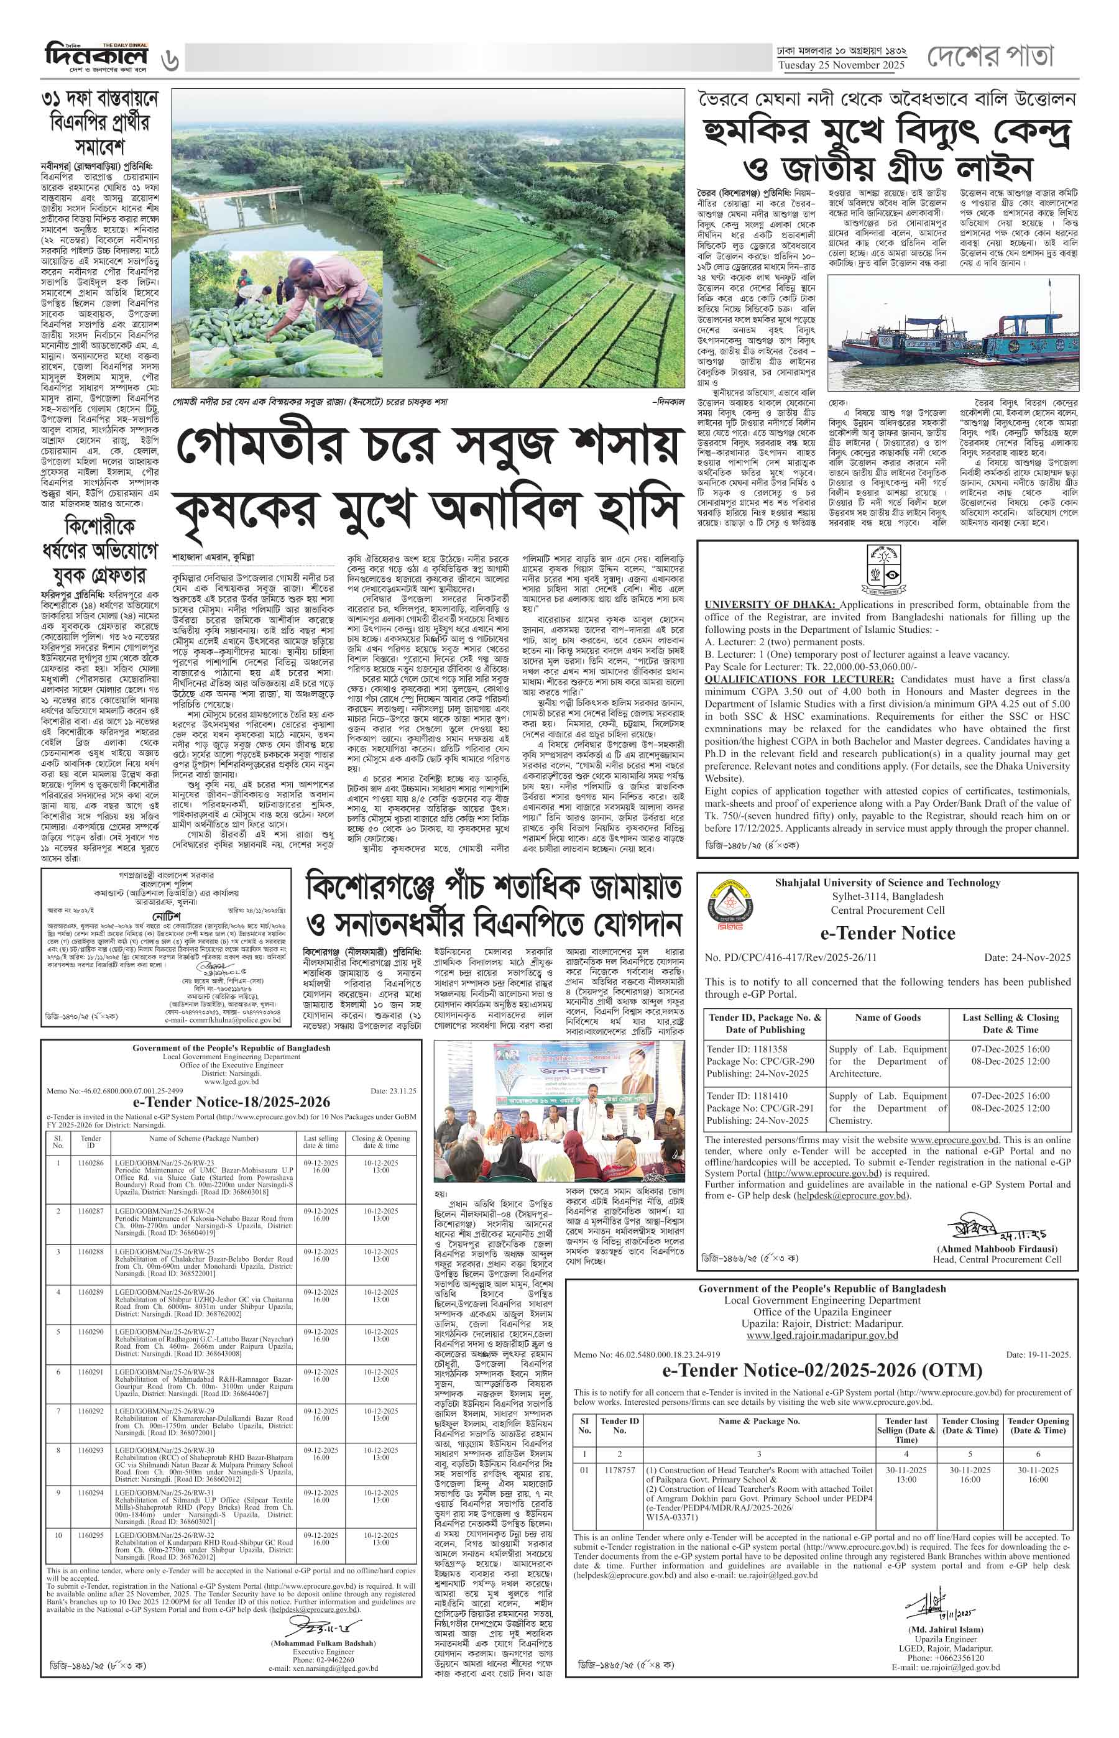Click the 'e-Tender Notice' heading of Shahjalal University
click(x=888, y=933)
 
